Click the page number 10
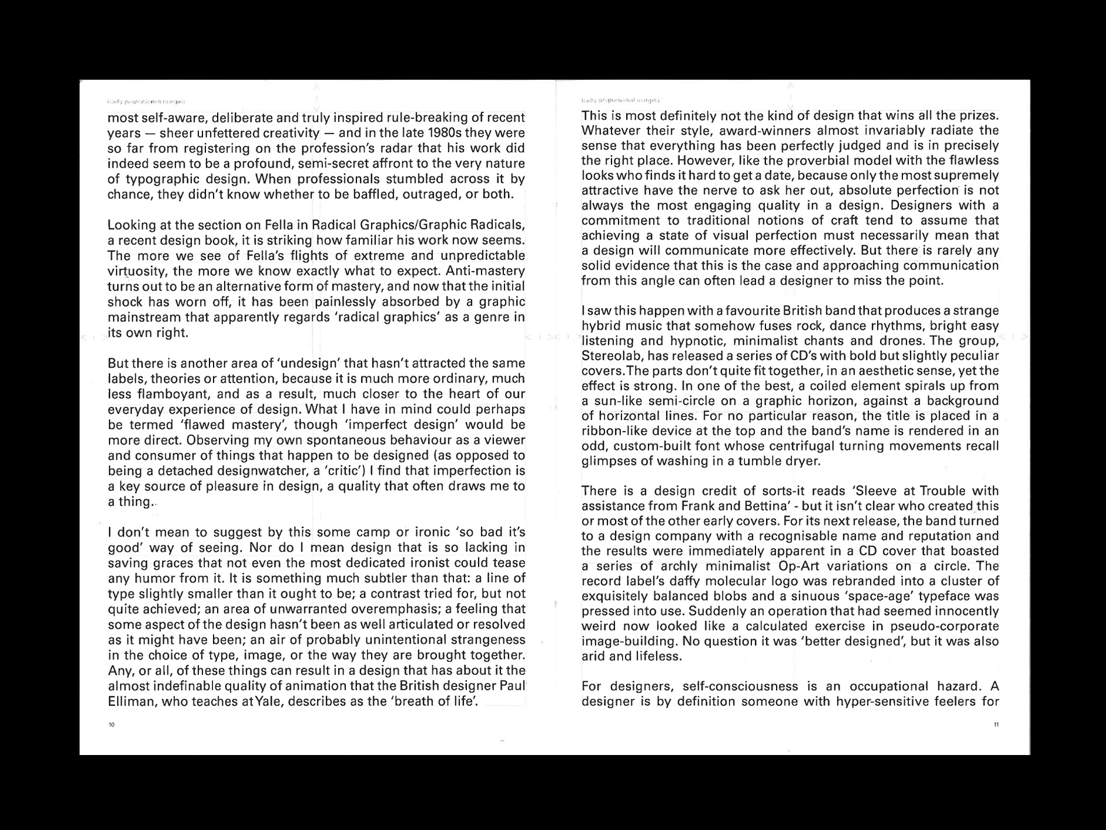coord(112,725)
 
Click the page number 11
coord(996,725)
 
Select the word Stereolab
coord(609,356)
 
